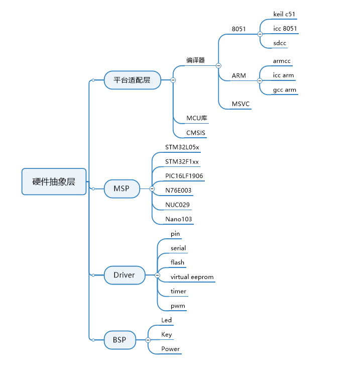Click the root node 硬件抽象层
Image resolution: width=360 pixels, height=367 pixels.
54,181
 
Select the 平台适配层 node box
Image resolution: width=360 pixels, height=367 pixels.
132,80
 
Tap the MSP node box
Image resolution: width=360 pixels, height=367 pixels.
122,189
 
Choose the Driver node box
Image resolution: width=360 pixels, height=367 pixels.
124,275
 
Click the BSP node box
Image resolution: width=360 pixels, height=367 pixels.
119,340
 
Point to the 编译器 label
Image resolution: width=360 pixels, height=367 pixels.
196,60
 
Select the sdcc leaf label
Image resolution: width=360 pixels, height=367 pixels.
280,43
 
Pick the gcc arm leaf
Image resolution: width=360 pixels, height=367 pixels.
285,90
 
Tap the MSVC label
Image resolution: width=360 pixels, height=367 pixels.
241,104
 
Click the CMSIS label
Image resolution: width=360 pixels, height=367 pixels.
196,133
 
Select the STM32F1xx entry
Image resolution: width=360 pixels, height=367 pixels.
182,162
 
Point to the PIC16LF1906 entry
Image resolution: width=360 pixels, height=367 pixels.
184,176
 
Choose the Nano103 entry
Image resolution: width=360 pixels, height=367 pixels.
179,219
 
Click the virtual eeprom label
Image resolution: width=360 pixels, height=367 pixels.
192,277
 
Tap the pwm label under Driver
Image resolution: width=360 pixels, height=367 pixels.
178,306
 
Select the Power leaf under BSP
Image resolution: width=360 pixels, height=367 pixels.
170,349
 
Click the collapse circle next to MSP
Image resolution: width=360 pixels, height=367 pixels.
152,189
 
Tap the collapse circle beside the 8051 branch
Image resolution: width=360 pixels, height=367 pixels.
260,34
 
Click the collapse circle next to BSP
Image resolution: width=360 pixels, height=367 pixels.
148,340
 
